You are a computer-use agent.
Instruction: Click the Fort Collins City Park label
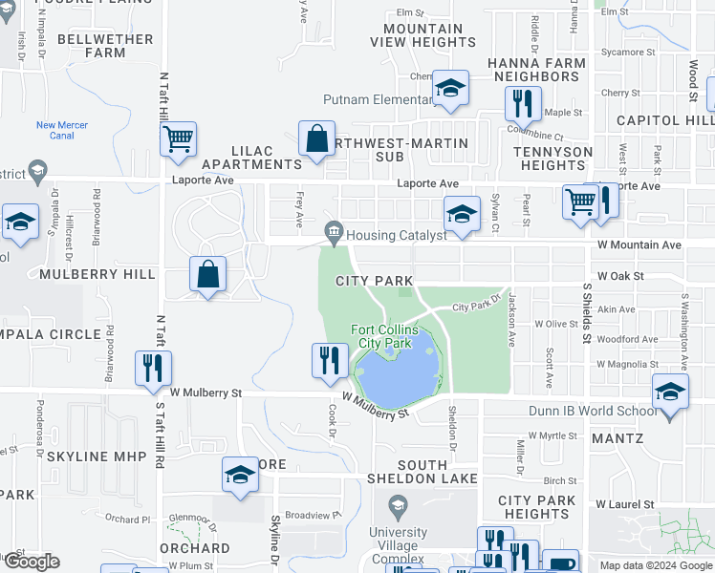[384, 336]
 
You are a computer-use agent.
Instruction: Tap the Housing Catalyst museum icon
[334, 230]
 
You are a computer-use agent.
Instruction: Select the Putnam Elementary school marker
[450, 89]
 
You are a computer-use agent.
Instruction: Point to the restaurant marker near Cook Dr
[328, 360]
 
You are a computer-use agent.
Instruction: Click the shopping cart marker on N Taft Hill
[179, 139]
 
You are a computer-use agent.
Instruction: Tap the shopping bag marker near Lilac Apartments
[316, 138]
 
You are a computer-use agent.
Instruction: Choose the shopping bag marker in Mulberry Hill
[207, 275]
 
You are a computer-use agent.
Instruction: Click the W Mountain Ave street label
[639, 245]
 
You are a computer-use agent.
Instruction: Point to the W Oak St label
[621, 276]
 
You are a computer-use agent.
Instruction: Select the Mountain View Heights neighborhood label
[422, 35]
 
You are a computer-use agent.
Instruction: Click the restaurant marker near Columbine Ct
[523, 102]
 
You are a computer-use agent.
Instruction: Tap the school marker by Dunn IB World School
[670, 392]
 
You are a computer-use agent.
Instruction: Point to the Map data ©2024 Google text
[655, 565]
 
